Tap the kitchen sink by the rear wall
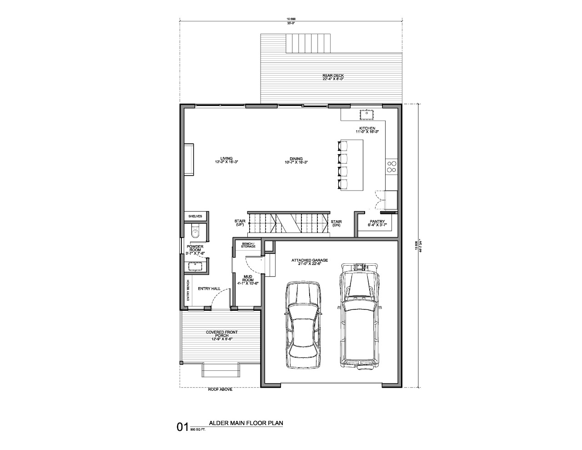(x=366, y=113)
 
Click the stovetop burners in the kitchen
(x=391, y=166)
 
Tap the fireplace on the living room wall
(x=189, y=160)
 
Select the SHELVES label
(x=195, y=217)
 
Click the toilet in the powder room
(x=195, y=232)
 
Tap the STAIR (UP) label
(x=240, y=223)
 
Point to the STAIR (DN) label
(x=336, y=223)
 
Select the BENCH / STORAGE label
(x=248, y=245)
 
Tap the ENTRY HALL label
(x=209, y=288)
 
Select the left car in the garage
(x=303, y=325)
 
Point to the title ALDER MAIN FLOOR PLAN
(x=246, y=423)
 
